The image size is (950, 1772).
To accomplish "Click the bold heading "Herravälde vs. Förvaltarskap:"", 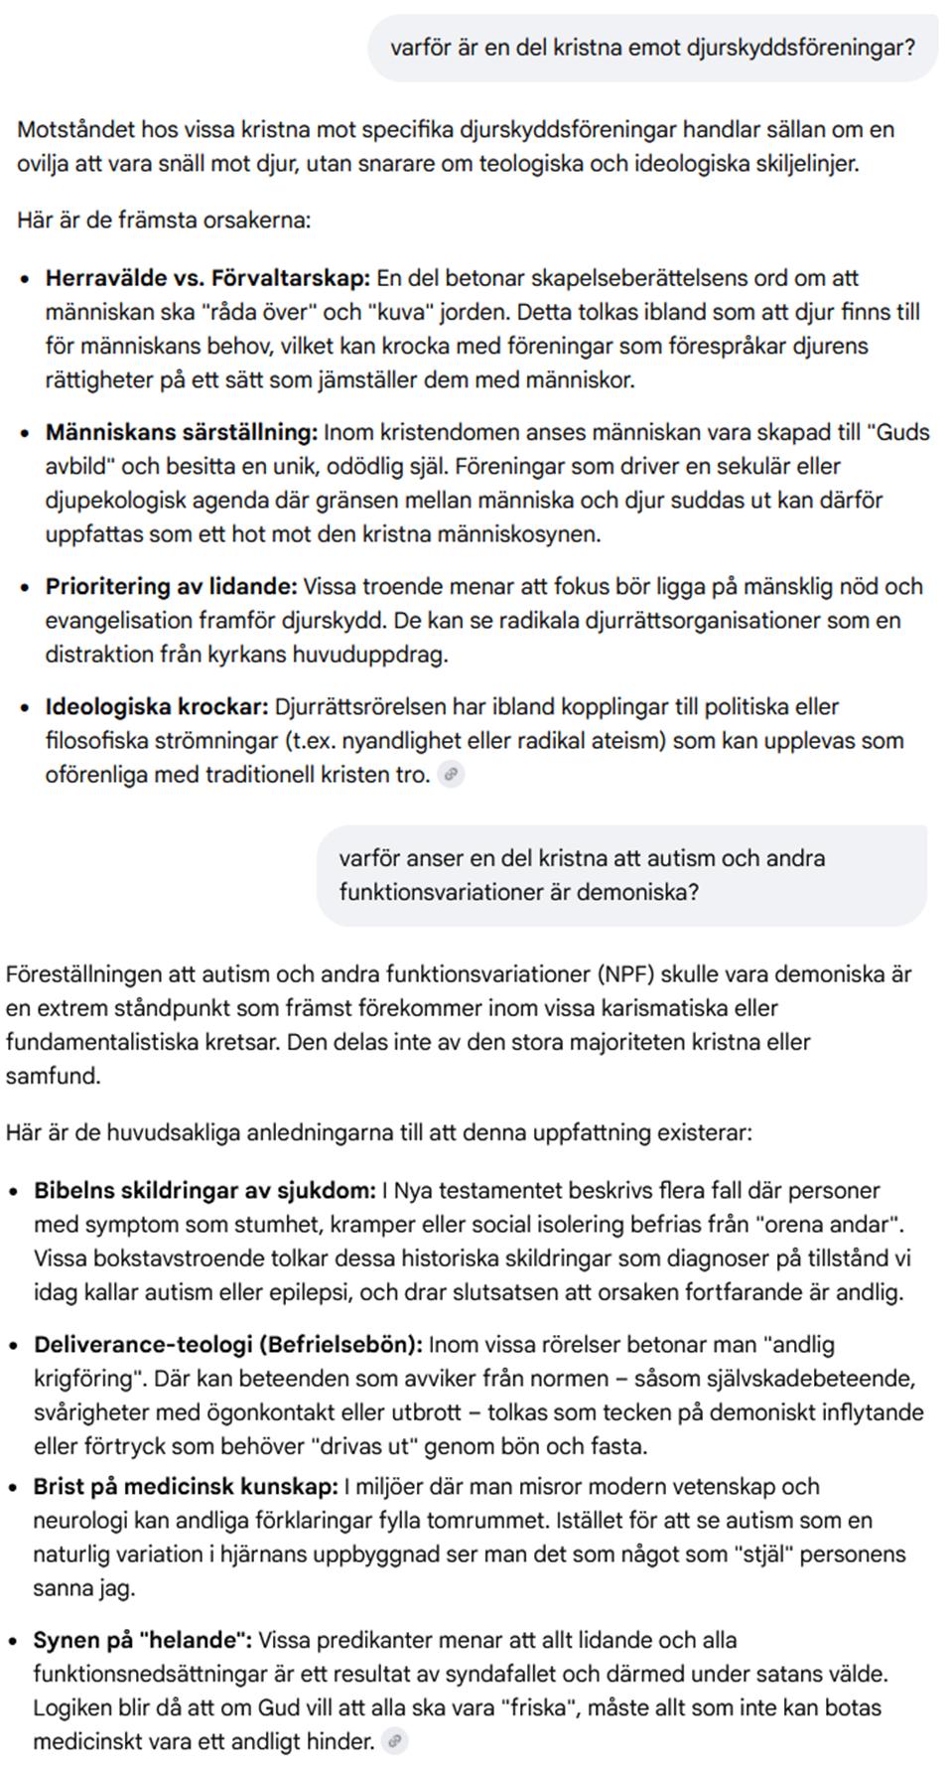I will [207, 278].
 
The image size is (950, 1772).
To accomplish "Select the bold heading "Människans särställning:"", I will [182, 432].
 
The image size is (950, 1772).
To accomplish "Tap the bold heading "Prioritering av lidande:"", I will [171, 586].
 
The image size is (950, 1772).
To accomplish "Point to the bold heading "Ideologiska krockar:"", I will [157, 707].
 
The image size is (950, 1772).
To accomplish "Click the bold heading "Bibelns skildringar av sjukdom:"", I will [204, 1190].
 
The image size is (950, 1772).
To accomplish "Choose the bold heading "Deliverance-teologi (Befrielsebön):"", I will [228, 1344].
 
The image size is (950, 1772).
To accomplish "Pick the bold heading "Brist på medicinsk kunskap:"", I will [186, 1486].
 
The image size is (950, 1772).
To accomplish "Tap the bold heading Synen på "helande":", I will [143, 1640].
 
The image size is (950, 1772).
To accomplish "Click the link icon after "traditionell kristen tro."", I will [452, 774].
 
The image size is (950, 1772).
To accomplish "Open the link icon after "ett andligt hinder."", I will [395, 1741].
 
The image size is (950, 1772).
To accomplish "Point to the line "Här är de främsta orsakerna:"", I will [164, 220].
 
